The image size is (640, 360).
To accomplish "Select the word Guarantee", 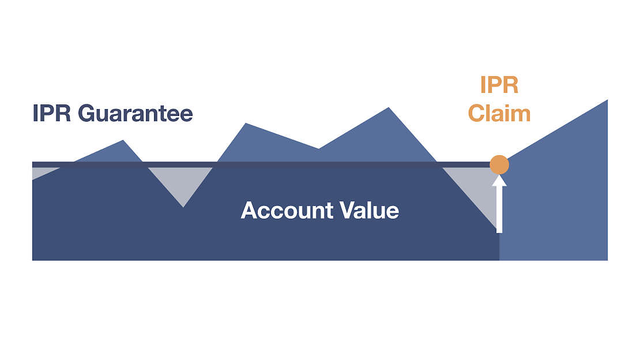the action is point(135,113).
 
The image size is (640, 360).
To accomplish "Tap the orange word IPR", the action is point(499,85).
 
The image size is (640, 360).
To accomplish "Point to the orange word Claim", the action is point(499,113).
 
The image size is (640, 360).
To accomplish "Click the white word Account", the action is point(287,211).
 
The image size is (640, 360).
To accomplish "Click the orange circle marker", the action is point(499,165).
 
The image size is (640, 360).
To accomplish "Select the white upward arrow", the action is point(499,204).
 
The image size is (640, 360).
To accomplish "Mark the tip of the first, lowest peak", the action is point(123,140).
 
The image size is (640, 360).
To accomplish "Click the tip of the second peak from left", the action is point(246,123).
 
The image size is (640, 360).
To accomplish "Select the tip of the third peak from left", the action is point(389,107).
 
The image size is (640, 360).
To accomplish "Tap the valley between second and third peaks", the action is point(318,149).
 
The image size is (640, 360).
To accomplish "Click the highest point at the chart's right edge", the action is point(607,100).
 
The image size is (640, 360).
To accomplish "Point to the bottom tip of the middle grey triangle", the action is point(183,207).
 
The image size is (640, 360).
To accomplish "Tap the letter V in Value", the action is point(348,211).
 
